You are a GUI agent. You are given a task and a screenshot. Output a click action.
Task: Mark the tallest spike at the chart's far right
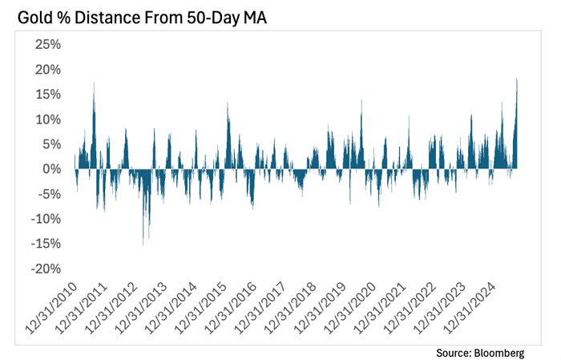517,80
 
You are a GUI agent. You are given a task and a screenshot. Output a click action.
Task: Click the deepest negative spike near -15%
143,244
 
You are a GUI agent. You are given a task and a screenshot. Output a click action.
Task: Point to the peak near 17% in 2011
94,84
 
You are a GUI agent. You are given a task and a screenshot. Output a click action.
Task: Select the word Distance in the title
107,15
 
